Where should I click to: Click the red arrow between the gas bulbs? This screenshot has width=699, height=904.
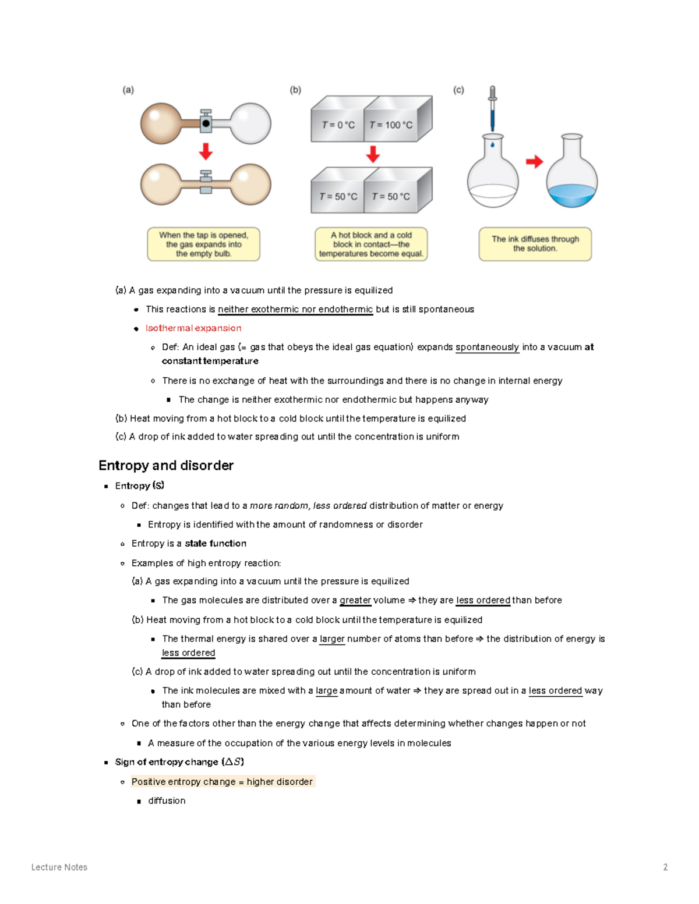click(206, 151)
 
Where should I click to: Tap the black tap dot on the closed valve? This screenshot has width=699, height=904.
click(206, 123)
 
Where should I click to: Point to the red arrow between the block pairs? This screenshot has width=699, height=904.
click(373, 154)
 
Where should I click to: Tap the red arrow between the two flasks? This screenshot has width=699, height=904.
click(534, 161)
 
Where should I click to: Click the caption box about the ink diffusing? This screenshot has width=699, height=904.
click(535, 244)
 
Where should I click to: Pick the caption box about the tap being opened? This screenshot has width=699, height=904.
click(203, 244)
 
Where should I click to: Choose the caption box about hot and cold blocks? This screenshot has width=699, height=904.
click(371, 244)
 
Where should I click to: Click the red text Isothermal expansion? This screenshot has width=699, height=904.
click(193, 328)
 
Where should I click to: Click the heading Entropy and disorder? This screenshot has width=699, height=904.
click(166, 465)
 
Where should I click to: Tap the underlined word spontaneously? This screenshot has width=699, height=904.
click(487, 347)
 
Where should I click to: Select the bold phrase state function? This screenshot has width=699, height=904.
click(216, 543)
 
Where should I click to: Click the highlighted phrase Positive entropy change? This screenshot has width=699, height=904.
click(183, 782)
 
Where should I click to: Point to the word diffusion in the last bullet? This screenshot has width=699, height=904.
click(167, 800)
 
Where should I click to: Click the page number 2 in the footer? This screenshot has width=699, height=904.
click(665, 867)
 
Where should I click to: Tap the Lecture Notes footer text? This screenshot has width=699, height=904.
click(59, 867)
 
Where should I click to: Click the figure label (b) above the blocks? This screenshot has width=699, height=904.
click(295, 90)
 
